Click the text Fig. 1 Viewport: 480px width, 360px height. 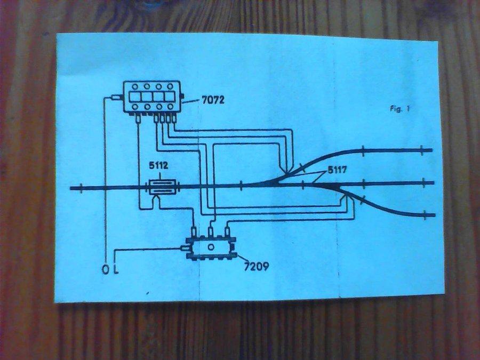(x=399, y=109)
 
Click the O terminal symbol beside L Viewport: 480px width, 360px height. (x=105, y=268)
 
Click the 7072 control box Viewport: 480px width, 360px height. (x=151, y=97)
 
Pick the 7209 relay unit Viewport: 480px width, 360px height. (x=211, y=247)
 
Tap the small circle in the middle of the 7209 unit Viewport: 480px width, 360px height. (x=211, y=247)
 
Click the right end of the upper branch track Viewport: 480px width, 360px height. (x=431, y=150)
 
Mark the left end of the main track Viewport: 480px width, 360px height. (x=71, y=187)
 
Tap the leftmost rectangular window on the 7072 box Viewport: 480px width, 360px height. (x=133, y=97)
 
